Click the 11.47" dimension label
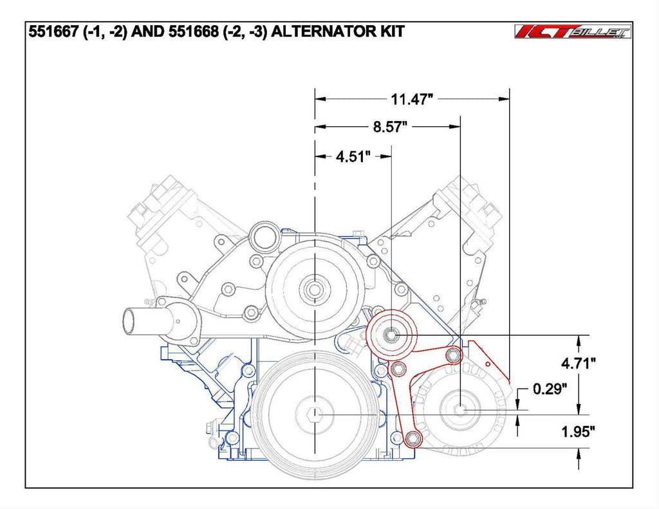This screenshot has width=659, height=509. click(x=411, y=99)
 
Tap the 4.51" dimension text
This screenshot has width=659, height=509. click(x=353, y=157)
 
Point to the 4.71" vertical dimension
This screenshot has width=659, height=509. click(x=579, y=363)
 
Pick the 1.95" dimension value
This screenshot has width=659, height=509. click(x=579, y=431)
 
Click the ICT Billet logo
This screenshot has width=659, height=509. click(x=573, y=32)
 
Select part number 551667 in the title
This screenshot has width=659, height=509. click(x=53, y=32)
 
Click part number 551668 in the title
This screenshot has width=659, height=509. click(x=193, y=32)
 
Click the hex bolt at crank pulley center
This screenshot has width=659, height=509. click(x=314, y=415)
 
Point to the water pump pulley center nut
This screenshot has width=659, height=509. click(x=314, y=289)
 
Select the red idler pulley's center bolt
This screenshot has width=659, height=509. click(x=391, y=335)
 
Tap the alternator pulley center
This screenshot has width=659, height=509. click(x=461, y=409)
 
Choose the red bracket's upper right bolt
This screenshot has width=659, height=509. click(x=453, y=356)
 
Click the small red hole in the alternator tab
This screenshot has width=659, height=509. click(x=488, y=364)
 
